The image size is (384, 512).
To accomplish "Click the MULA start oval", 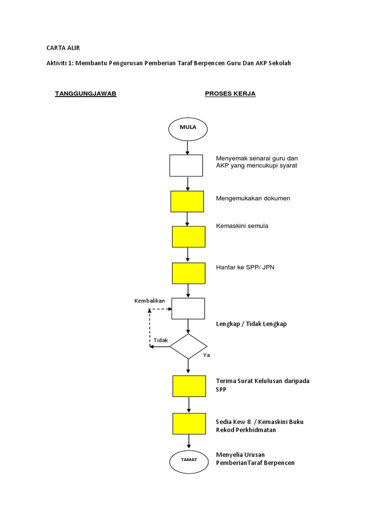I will tap(187, 128).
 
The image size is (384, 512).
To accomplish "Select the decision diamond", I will tap(188, 346).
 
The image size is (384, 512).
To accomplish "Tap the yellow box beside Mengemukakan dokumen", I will tap(187, 201).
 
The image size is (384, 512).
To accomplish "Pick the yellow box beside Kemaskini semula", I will tap(188, 236).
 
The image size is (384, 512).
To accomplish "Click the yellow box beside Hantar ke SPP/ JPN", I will tap(188, 273).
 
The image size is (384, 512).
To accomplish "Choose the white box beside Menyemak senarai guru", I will tap(186, 165).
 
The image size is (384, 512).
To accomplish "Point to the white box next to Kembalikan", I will tap(188, 308).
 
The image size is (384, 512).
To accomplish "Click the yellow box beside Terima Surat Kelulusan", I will tap(188, 386).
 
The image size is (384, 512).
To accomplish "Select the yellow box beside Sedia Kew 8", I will tap(188, 423).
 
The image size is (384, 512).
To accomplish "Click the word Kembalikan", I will tap(149, 300).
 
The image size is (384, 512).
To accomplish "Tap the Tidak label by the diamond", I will tap(161, 340).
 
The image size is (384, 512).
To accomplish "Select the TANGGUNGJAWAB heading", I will tap(85, 93).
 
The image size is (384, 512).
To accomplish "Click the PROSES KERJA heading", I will tap(230, 93).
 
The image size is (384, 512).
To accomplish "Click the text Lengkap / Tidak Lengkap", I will tap(251, 323).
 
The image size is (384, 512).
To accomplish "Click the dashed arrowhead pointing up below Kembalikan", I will tap(149, 311).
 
